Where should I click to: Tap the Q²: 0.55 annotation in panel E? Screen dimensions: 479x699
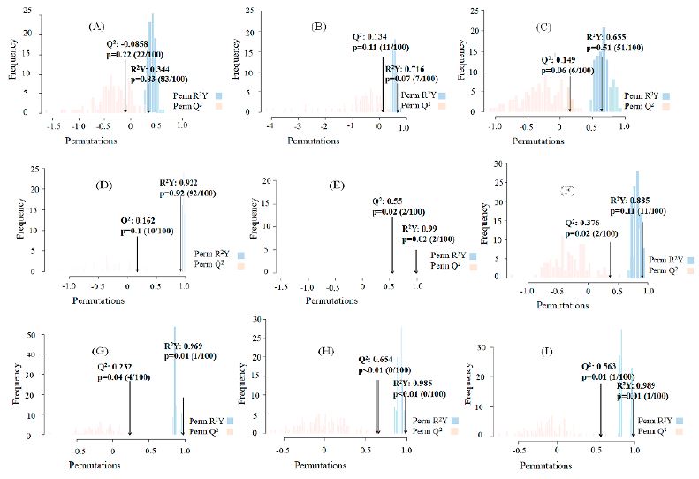[x=383, y=201]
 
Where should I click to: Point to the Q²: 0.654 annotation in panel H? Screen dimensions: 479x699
[x=376, y=359]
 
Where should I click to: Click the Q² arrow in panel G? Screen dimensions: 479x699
[x=130, y=407]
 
